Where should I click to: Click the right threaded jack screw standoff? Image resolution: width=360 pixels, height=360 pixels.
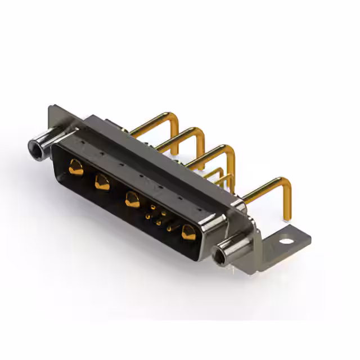(x=231, y=250)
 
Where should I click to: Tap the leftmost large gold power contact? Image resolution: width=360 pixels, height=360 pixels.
(x=75, y=166)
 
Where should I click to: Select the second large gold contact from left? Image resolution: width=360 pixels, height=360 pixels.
(x=102, y=182)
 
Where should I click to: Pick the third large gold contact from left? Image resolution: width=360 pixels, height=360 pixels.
(x=133, y=200)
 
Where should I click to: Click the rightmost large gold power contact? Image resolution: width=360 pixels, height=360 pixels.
(x=188, y=231)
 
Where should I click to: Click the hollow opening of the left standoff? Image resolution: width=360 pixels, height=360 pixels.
(x=34, y=148)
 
